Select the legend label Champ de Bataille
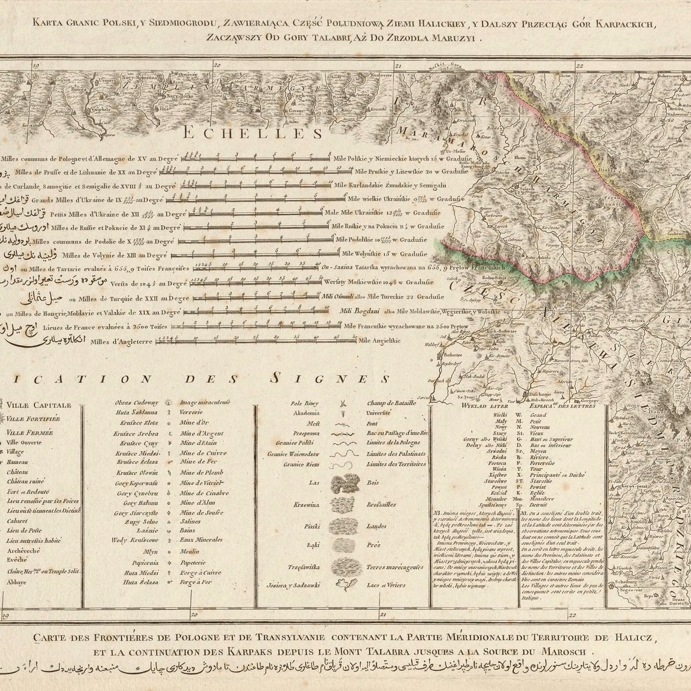tap(391, 402)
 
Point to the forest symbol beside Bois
tap(343, 483)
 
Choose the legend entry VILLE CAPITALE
tap(39, 406)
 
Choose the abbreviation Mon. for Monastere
tap(518, 498)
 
